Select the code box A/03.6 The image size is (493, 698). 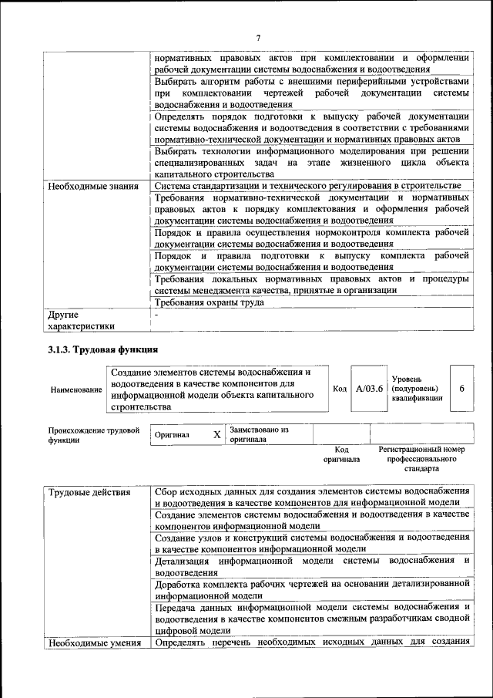(x=369, y=389)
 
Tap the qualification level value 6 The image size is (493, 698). (x=461, y=389)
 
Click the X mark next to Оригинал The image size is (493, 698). (x=216, y=434)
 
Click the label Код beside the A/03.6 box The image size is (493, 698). (x=340, y=389)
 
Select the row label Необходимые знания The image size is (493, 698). (x=92, y=186)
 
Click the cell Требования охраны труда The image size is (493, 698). (x=209, y=302)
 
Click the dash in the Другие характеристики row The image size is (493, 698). (x=156, y=315)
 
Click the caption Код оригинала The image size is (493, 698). (x=341, y=454)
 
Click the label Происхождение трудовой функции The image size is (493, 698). (x=93, y=434)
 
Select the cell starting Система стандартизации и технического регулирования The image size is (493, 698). (x=307, y=186)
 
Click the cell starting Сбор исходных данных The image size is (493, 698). (x=311, y=497)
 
